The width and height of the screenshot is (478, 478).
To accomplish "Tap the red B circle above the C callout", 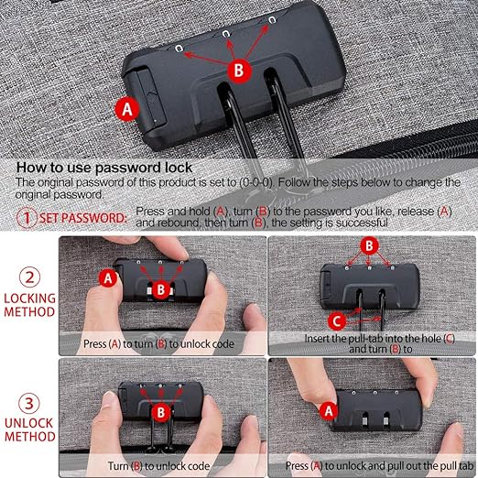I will [368, 244].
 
